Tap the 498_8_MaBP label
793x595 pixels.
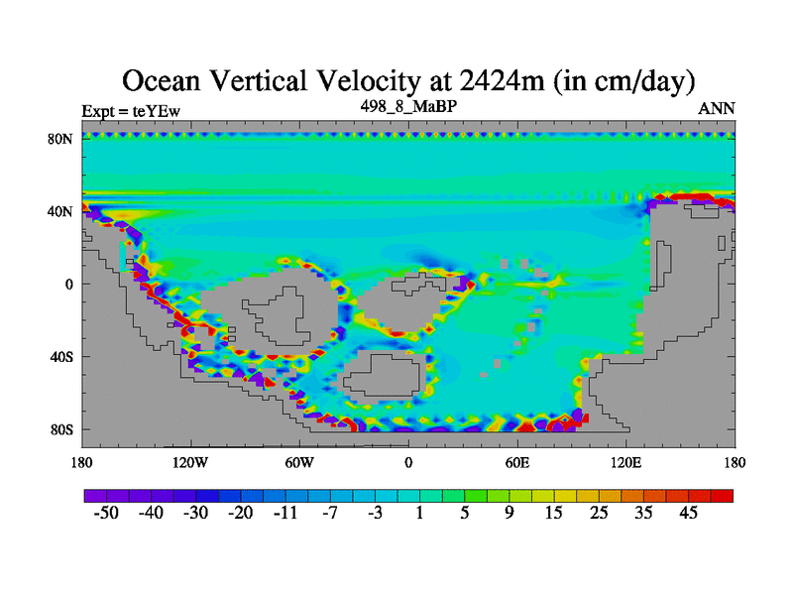tap(407, 105)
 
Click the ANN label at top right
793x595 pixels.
tap(716, 109)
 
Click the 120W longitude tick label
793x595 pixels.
tap(190, 462)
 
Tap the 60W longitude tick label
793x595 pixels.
tap(299, 462)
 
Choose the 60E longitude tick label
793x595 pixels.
tap(516, 462)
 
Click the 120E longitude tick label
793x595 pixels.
tap(625, 462)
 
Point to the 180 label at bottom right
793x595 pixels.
tap(734, 462)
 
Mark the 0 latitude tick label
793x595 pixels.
tap(70, 284)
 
